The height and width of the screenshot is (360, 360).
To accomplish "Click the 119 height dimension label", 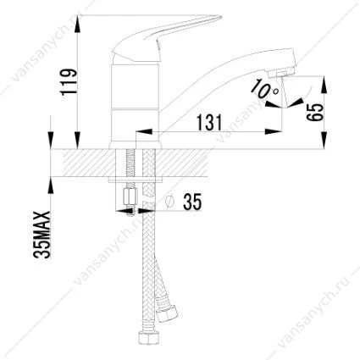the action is [x=69, y=80].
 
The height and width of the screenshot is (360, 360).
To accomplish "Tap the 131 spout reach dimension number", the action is [x=209, y=123].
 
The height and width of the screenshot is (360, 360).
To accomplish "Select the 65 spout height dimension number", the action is [x=314, y=112].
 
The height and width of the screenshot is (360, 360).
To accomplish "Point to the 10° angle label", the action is [x=266, y=88].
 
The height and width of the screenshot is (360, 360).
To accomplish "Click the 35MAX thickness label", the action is [x=42, y=235].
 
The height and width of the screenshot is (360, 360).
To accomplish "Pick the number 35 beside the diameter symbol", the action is [x=192, y=202].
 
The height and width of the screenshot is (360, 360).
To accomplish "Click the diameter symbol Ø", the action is [x=169, y=202].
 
